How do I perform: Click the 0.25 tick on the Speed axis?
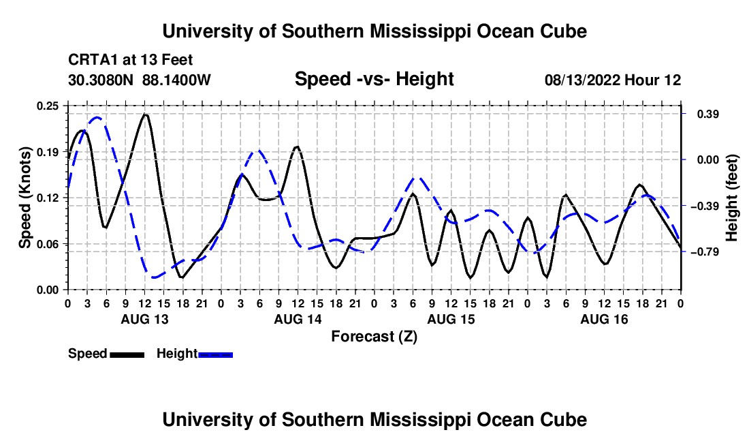(48, 106)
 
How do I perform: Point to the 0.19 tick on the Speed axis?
(48, 152)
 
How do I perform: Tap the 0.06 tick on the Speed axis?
(48, 244)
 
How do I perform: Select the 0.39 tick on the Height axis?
(708, 114)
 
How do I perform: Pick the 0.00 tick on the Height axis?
(708, 159)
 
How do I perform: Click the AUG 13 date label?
(145, 319)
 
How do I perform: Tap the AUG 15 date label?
(451, 319)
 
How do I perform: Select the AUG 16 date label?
(604, 319)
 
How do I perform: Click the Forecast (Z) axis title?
(374, 337)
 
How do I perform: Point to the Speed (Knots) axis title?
(25, 198)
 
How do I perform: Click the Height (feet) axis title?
(732, 198)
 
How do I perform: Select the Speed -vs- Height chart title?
(374, 79)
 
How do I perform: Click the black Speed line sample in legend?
(127, 354)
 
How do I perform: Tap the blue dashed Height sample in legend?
(215, 354)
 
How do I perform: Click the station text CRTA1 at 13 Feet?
(131, 60)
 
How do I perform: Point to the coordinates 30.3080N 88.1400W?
(140, 80)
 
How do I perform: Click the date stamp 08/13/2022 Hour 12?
(613, 80)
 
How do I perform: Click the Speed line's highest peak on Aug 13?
(145, 114)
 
